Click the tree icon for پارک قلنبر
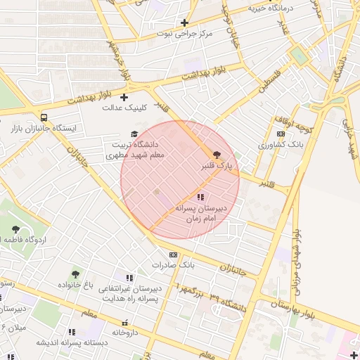pyautogui.click(x=215, y=154)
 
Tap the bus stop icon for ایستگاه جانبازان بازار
pyautogui.click(x=44, y=117)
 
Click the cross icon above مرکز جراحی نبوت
pyautogui.click(x=185, y=22)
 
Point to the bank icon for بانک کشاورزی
pyautogui.click(x=281, y=134)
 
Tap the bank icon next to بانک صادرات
pyautogui.click(x=172, y=255)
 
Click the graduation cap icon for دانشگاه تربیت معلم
pyautogui.click(x=134, y=134)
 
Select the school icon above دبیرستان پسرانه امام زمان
pyautogui.click(x=200, y=198)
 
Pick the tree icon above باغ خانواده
pyautogui.click(x=75, y=274)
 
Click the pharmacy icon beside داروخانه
pyautogui.click(x=125, y=322)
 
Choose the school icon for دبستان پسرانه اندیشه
pyautogui.click(x=70, y=332)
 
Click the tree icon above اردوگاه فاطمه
pyautogui.click(x=16, y=229)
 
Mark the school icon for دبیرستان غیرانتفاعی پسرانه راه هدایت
pyautogui.click(x=128, y=278)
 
